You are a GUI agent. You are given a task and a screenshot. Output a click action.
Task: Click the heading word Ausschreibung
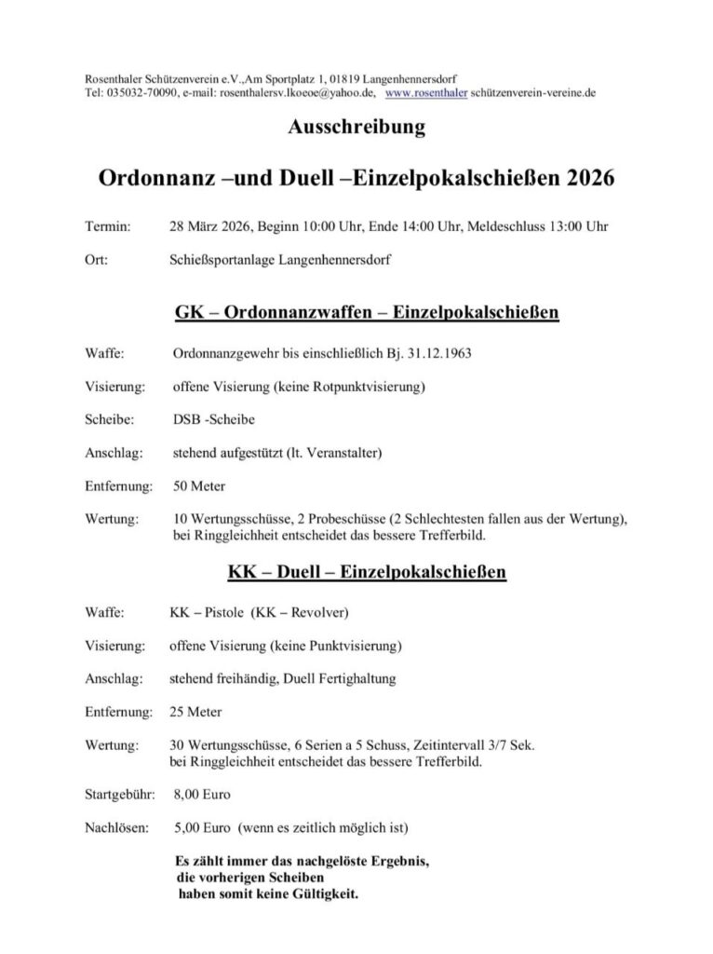(356, 129)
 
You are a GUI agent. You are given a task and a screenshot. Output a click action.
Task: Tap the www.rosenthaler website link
(425, 94)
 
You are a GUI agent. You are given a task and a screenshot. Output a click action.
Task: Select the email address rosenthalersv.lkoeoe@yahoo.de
(298, 94)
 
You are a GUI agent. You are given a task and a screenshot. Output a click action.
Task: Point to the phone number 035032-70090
(131, 94)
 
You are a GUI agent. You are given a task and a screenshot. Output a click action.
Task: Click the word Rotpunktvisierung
(365, 387)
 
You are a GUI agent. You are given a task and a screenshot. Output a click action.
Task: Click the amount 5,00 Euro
(200, 826)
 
